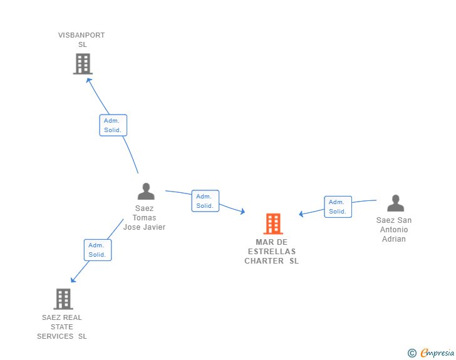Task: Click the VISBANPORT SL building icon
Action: (x=83, y=64)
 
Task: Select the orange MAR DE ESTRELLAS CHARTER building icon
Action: (x=273, y=224)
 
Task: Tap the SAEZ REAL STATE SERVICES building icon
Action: (x=63, y=299)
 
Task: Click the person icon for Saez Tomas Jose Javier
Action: (x=146, y=191)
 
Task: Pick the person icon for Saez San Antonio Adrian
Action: (x=395, y=203)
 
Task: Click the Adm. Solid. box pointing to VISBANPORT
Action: (x=113, y=125)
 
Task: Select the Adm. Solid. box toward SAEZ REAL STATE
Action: (x=98, y=250)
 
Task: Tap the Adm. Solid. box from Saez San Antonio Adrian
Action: (x=338, y=207)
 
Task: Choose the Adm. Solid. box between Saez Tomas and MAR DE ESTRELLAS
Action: (x=205, y=201)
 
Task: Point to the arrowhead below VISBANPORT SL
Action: (x=89, y=81)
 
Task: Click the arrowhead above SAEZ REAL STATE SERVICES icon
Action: (x=73, y=280)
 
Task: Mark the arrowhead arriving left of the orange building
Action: (x=242, y=212)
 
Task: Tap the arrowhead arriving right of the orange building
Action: (x=301, y=214)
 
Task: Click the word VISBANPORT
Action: (x=81, y=35)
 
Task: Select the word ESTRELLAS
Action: (x=272, y=252)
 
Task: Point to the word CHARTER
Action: (x=264, y=261)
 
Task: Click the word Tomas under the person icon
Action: (x=144, y=218)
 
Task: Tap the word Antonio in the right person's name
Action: (x=394, y=230)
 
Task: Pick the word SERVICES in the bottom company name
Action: (x=55, y=336)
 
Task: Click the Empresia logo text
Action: (x=437, y=352)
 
